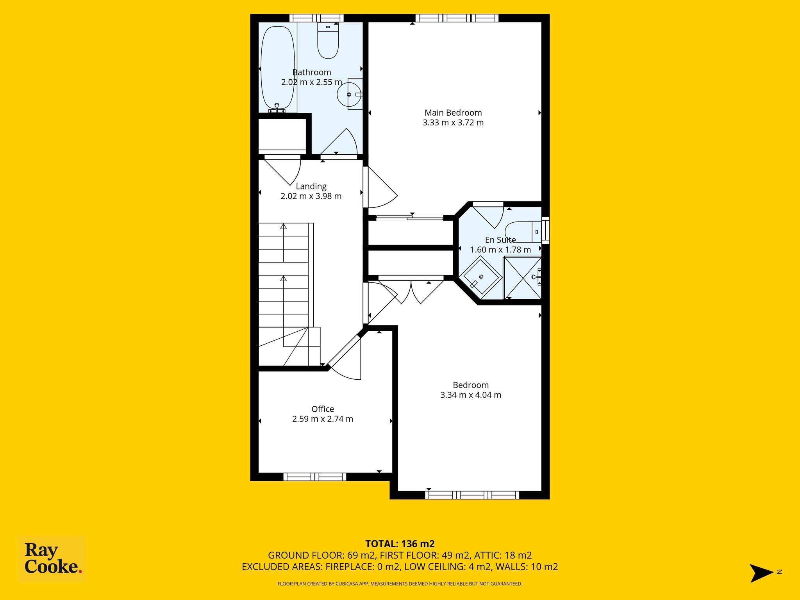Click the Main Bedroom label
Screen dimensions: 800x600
pos(453,113)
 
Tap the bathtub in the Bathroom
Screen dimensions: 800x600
pos(278,68)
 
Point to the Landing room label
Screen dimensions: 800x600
pos(311,186)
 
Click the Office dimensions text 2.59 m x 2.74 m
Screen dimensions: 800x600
pos(323,419)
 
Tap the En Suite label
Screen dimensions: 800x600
pos(500,240)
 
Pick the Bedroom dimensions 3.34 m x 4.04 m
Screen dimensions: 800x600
pos(471,395)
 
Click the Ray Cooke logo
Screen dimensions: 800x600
pos(52,559)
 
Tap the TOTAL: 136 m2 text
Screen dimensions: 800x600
pos(400,544)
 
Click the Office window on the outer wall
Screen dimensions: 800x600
pos(315,477)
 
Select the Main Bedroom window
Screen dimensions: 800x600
pos(457,18)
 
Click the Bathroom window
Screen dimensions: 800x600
pos(316,18)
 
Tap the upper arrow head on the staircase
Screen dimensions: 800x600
pos(284,226)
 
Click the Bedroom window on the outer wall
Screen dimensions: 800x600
pos(472,495)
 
